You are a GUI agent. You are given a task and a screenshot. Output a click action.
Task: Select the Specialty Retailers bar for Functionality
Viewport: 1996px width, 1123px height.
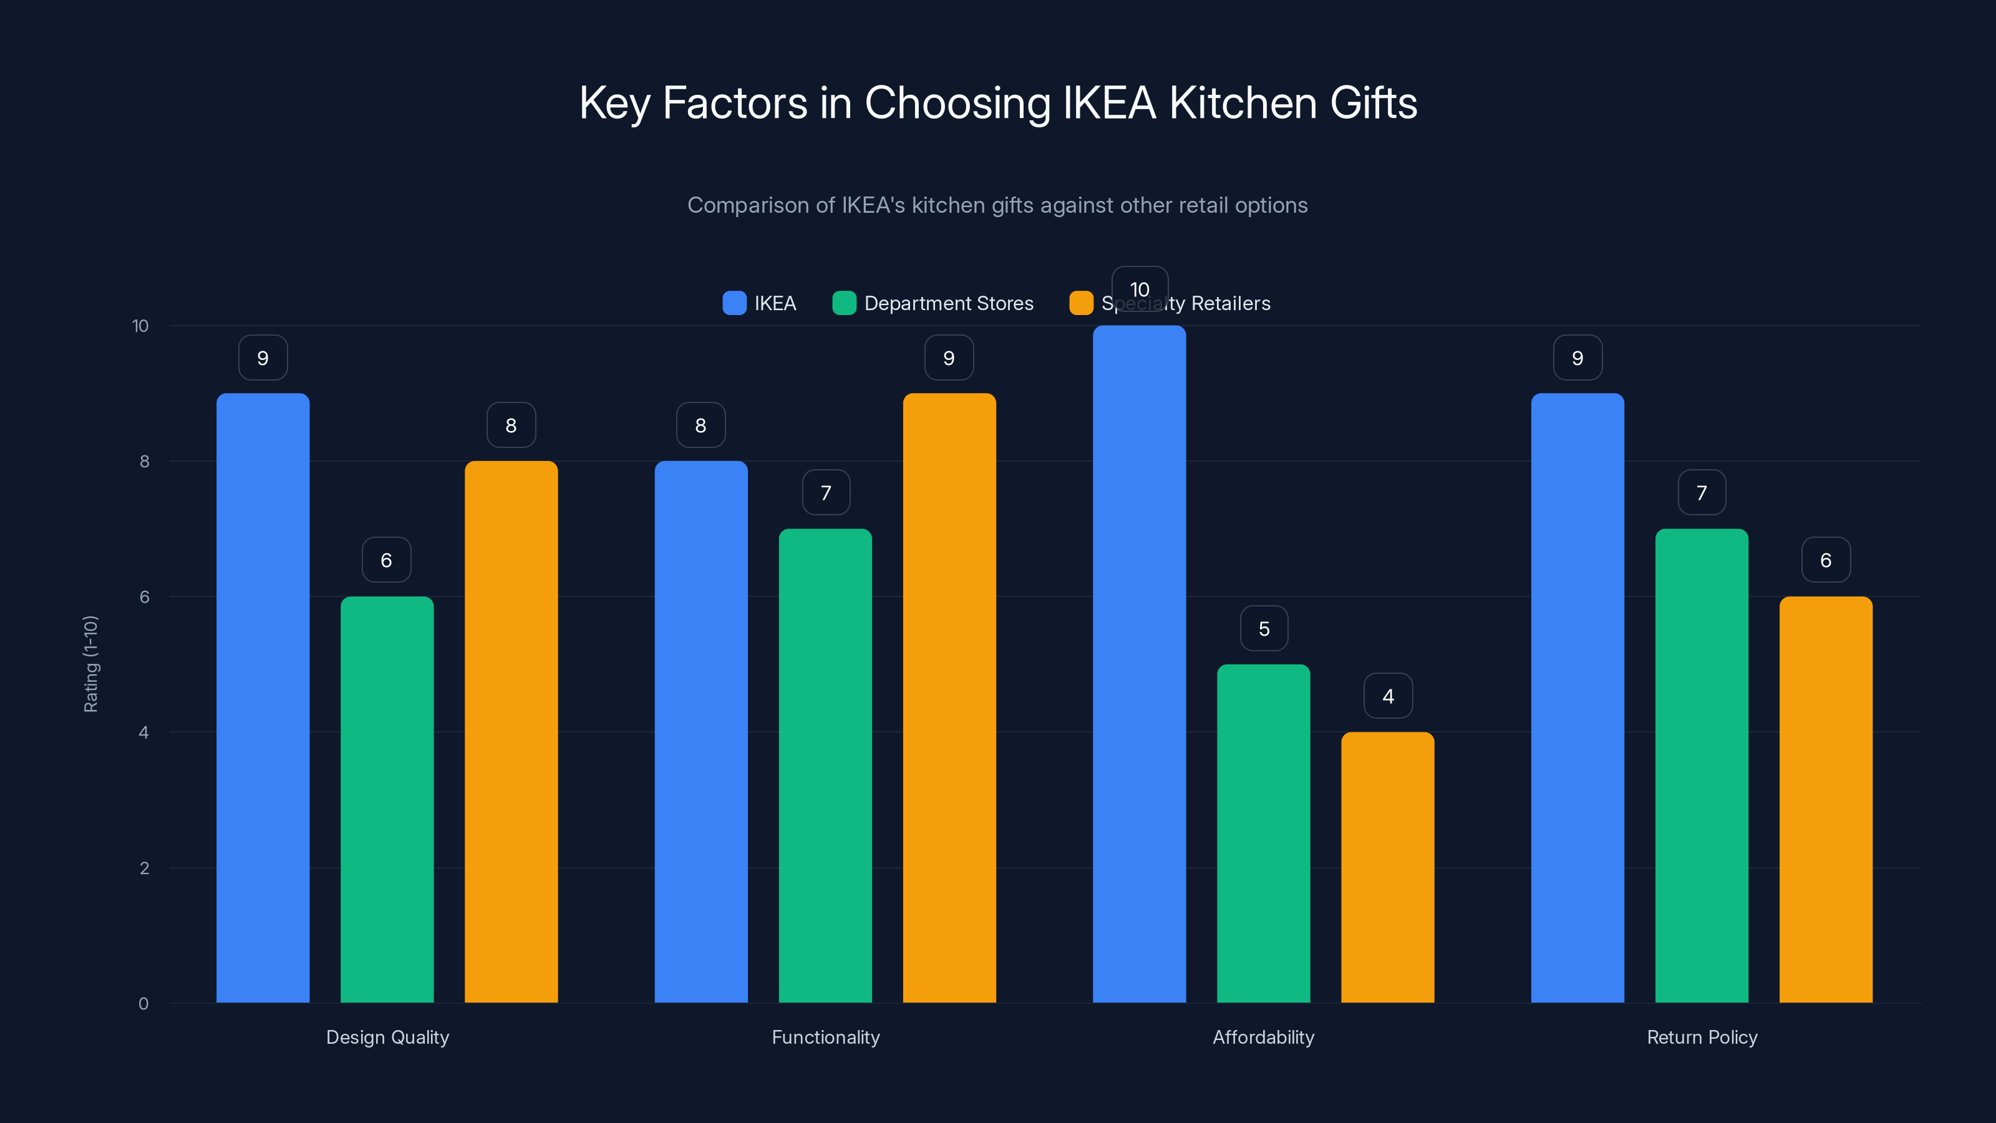coord(949,698)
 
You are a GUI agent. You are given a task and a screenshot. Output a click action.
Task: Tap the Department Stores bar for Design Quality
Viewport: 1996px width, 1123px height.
coord(387,799)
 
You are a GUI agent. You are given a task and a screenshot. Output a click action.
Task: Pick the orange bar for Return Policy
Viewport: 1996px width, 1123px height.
coord(1826,799)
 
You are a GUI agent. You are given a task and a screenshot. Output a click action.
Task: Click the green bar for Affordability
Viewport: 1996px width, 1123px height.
coord(1263,833)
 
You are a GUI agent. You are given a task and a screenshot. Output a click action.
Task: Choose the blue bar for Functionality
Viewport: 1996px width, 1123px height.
coord(700,732)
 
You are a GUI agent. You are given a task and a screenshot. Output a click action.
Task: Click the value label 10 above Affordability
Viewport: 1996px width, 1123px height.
coord(1139,289)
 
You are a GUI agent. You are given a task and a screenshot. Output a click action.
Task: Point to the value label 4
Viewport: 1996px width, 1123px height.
coord(1388,696)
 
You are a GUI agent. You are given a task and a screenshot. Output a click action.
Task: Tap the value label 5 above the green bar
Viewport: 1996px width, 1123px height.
coord(1264,628)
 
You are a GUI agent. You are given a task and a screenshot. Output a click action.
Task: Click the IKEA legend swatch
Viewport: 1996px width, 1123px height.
coord(734,303)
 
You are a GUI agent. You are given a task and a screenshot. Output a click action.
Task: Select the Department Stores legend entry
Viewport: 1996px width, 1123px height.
coord(947,303)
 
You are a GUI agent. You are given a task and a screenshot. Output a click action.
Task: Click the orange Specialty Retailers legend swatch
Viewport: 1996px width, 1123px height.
coord(1081,303)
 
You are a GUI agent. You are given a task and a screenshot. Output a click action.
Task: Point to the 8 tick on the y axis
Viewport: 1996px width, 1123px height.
coord(144,461)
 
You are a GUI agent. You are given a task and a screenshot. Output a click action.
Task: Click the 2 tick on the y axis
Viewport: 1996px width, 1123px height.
coord(144,868)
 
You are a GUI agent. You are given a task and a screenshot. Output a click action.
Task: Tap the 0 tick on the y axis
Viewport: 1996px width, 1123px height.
coord(143,1004)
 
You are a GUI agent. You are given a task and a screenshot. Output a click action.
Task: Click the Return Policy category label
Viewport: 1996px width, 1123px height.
coord(1702,1037)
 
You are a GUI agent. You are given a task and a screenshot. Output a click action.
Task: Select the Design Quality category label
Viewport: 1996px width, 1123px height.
coord(387,1037)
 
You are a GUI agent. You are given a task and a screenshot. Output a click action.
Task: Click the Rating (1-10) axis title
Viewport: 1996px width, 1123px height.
coord(90,664)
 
